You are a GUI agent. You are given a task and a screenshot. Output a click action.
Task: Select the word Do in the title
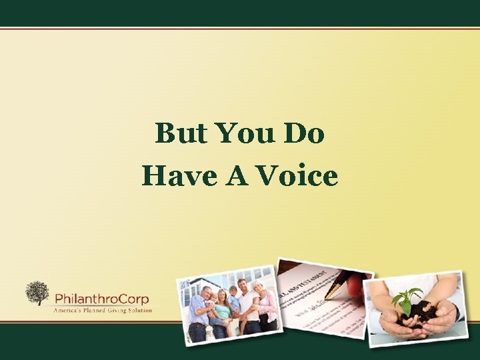coord(304,134)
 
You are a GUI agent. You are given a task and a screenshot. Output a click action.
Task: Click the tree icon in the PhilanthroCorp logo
coord(37,293)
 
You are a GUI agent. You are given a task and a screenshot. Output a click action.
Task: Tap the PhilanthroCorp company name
coord(101,298)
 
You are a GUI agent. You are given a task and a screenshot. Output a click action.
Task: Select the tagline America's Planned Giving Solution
coord(103,309)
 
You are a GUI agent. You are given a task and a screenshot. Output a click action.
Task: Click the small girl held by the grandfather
coord(212,303)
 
